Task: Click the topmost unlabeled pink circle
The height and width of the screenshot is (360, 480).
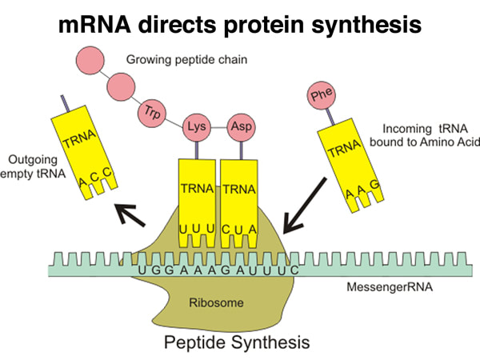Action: [x=90, y=59]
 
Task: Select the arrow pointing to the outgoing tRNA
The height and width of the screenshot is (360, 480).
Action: [x=133, y=214]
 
